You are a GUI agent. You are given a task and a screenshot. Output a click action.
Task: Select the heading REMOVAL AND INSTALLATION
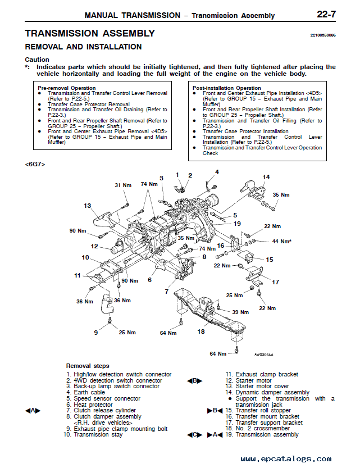[x=83, y=47]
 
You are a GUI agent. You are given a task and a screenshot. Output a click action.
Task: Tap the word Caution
[x=37, y=60]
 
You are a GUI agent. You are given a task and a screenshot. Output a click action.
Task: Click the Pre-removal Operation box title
[x=66, y=88]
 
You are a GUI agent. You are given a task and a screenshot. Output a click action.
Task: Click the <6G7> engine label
[x=35, y=164]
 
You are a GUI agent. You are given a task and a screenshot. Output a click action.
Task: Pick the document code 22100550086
[x=322, y=35]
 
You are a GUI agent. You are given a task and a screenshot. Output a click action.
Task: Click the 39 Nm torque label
[x=240, y=312]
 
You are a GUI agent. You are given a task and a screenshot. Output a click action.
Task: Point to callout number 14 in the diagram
[x=266, y=177]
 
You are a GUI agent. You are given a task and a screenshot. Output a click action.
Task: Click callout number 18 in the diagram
[x=201, y=332]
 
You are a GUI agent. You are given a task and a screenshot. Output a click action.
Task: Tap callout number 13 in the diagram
[x=88, y=206]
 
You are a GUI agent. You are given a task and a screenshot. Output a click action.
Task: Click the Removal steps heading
[x=88, y=366]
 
